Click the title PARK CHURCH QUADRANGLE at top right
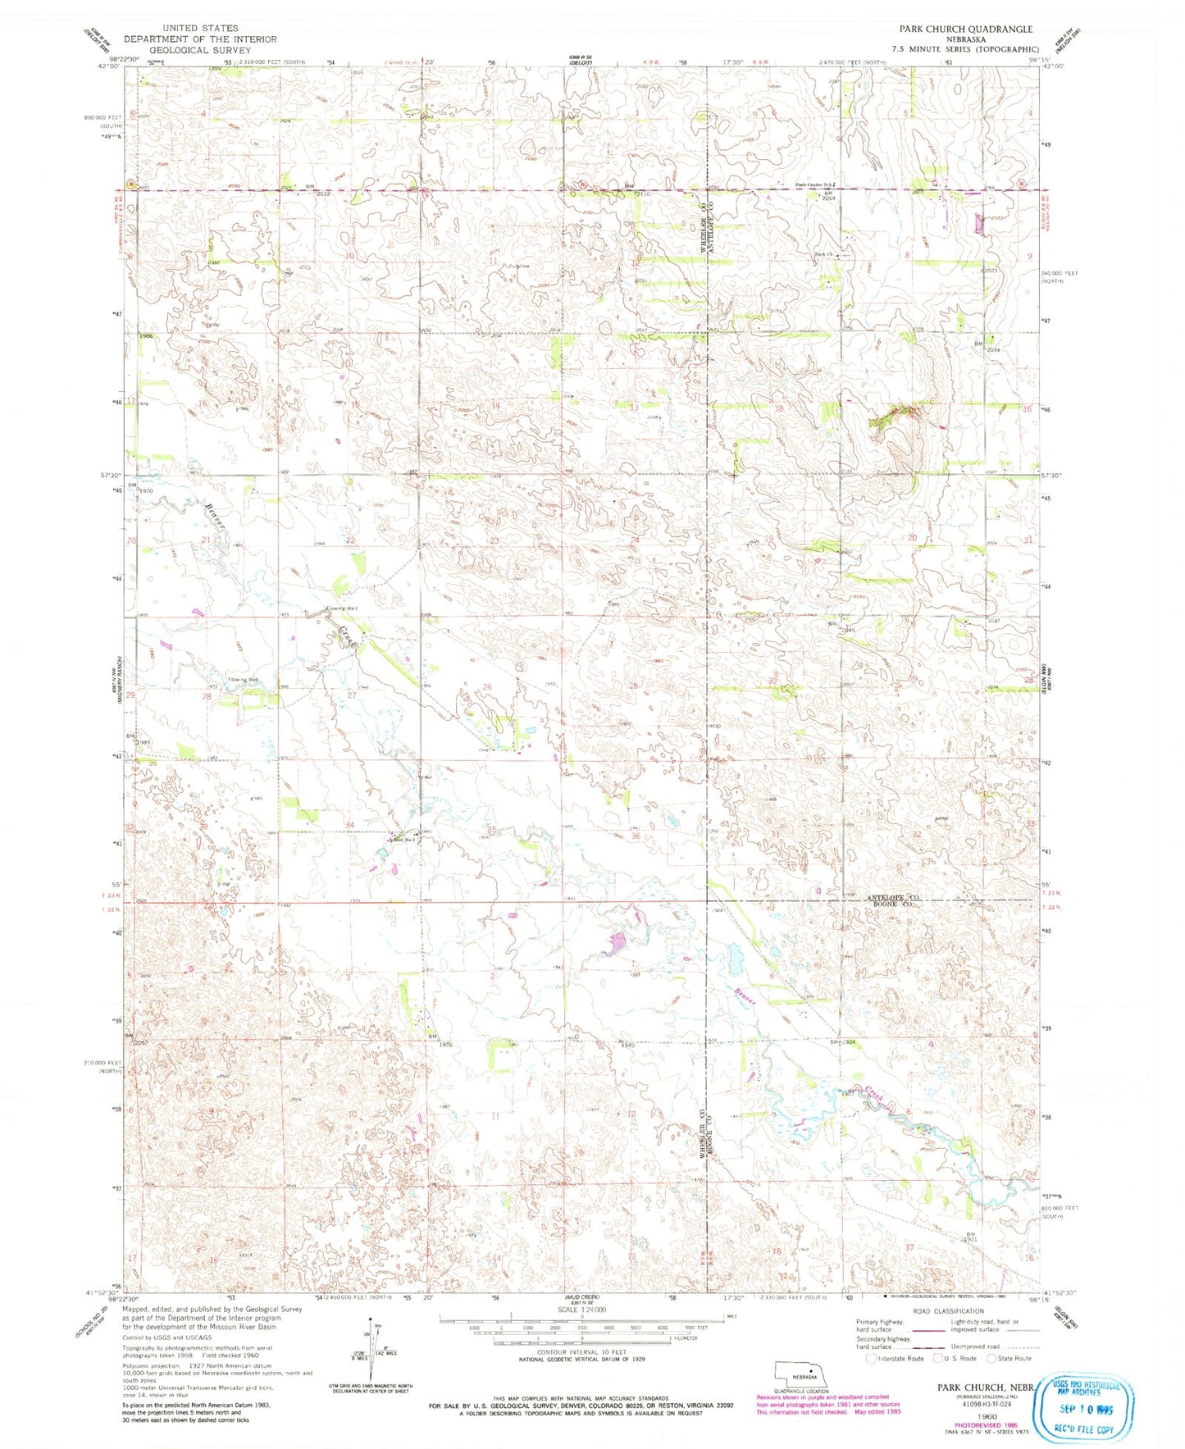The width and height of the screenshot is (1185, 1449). (965, 29)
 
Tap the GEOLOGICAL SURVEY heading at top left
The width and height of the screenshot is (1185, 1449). (200, 50)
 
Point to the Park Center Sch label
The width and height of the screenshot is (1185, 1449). (813, 185)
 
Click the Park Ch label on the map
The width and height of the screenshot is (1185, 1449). (824, 255)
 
